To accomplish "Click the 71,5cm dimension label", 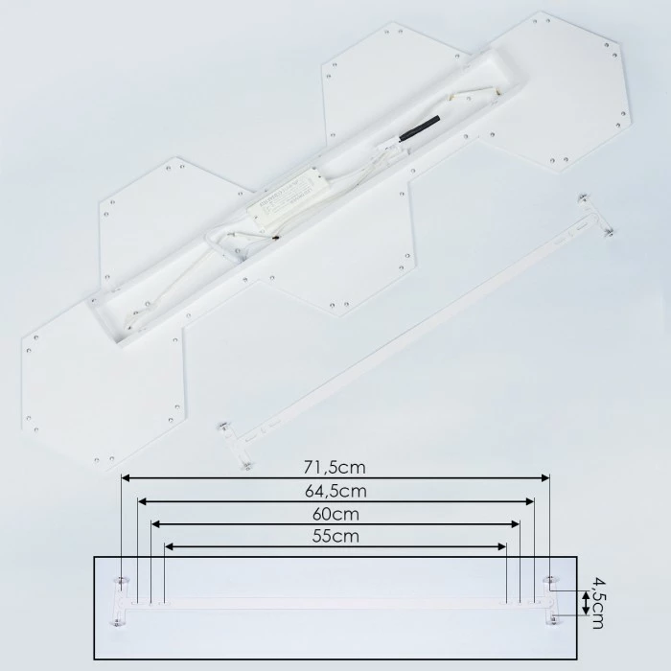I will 335,467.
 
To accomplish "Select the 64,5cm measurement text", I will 335,491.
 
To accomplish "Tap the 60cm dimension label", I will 335,514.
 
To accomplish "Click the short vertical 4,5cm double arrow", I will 584,604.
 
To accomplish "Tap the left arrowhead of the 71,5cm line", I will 126,477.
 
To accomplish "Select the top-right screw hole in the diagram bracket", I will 548,581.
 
